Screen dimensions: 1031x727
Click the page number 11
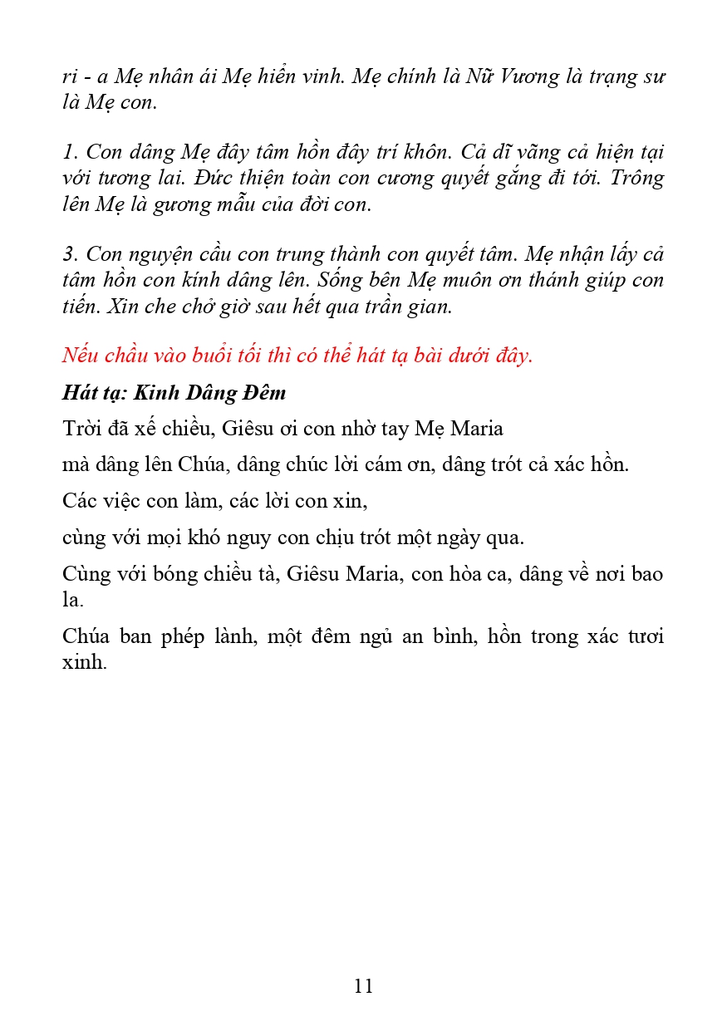363,986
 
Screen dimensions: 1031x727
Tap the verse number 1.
68,152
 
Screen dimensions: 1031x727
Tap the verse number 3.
68,253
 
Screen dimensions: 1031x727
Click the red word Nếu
81,356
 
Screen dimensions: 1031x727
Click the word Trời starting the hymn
83,429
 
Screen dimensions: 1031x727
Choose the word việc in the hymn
125,501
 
